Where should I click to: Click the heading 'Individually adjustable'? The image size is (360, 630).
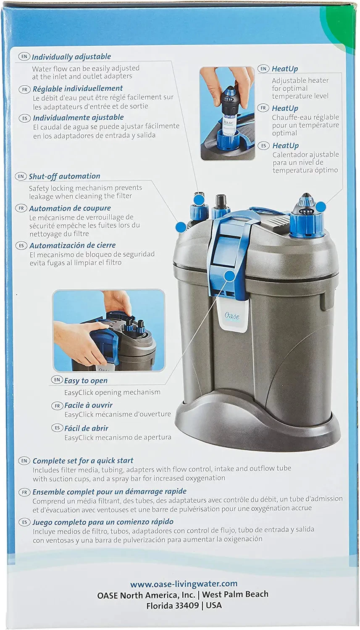(x=71, y=57)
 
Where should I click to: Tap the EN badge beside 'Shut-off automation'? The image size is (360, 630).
(x=21, y=176)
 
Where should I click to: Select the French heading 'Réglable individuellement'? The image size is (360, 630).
(x=78, y=89)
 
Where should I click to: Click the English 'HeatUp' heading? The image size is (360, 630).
(x=285, y=68)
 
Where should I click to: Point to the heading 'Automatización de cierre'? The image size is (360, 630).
(x=73, y=245)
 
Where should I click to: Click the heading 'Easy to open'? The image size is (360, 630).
(x=86, y=381)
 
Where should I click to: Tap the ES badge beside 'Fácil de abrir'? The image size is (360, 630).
(x=57, y=428)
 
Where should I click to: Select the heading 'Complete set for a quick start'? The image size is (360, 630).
(x=83, y=461)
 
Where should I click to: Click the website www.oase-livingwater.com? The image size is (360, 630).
(x=184, y=584)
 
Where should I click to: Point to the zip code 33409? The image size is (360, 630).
(x=187, y=605)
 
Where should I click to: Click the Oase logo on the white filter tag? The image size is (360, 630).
(x=232, y=316)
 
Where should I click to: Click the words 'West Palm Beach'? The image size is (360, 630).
(x=235, y=594)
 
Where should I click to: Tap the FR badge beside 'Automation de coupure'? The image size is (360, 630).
(x=21, y=208)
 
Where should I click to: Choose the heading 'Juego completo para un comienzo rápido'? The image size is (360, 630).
(x=103, y=522)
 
